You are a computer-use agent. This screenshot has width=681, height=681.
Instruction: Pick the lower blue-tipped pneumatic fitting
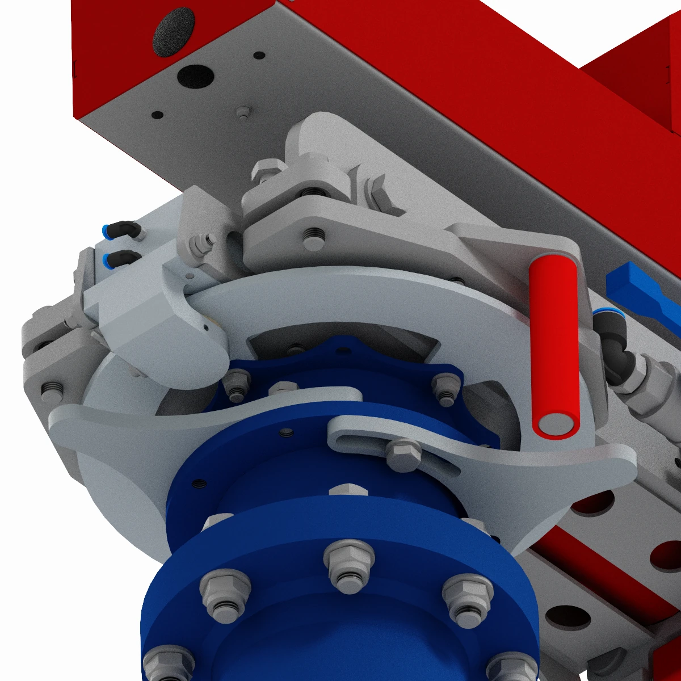[x=119, y=259]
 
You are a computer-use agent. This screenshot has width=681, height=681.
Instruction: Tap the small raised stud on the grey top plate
[x=243, y=111]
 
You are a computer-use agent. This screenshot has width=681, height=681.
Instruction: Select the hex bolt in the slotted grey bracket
[x=403, y=454]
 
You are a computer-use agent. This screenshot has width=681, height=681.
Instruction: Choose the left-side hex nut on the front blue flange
[x=225, y=594]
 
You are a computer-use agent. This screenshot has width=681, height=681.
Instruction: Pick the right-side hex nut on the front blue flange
[x=466, y=600]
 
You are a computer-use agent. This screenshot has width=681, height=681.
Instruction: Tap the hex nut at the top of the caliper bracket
[x=267, y=170]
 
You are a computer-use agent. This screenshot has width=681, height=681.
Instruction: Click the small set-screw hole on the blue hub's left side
[x=199, y=484]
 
